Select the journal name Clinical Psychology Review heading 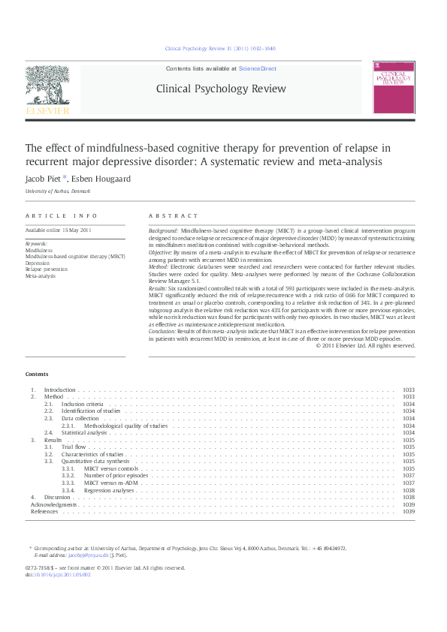(220, 89)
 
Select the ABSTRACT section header (173, 216)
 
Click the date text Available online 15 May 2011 (58, 230)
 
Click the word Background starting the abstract (163, 230)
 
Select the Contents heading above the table (36, 374)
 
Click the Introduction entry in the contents (59, 390)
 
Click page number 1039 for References (409, 512)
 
